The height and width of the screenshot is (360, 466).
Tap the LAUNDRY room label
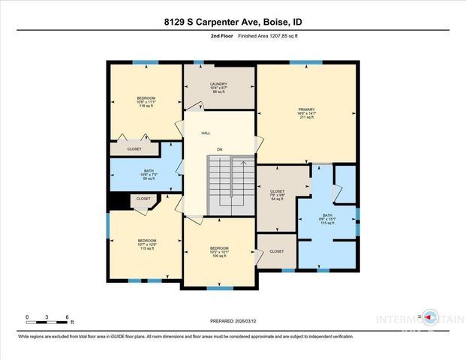click(220, 87)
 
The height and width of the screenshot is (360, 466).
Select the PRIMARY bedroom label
click(307, 112)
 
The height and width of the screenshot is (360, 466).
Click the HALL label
click(205, 133)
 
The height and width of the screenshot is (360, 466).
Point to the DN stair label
click(220, 150)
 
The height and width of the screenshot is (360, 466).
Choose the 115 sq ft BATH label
click(326, 219)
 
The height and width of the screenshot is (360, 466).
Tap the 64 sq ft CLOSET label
click(277, 195)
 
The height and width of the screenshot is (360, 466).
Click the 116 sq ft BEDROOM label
click(146, 102)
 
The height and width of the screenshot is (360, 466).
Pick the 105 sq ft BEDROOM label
click(219, 250)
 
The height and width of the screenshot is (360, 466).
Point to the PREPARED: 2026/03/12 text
click(233, 321)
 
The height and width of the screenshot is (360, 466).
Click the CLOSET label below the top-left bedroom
click(134, 149)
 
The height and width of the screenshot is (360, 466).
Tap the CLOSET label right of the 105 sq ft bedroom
click(276, 251)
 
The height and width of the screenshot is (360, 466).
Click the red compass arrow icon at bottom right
click(428, 316)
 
